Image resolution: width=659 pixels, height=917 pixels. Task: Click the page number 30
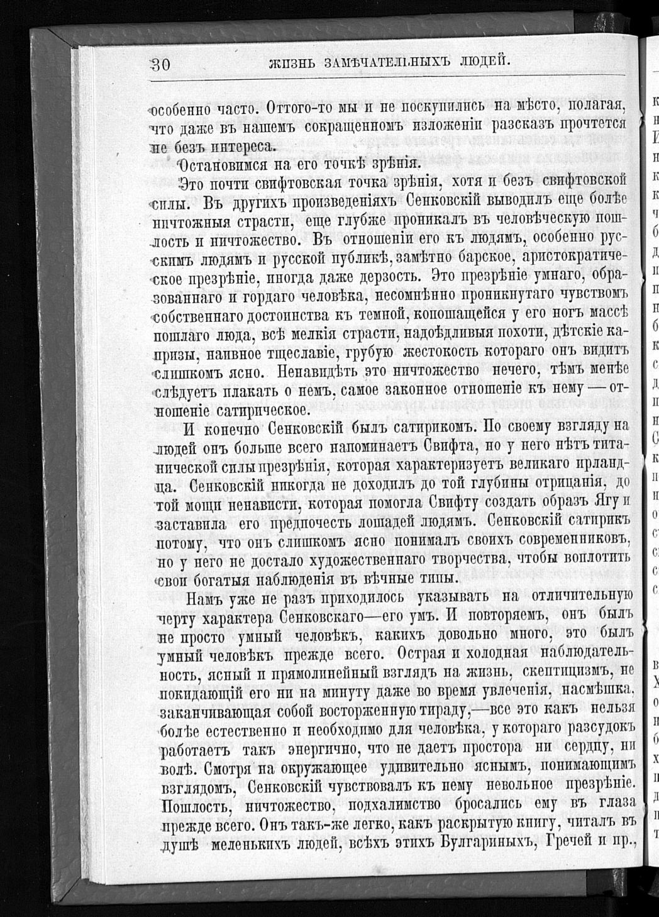pos(162,63)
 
